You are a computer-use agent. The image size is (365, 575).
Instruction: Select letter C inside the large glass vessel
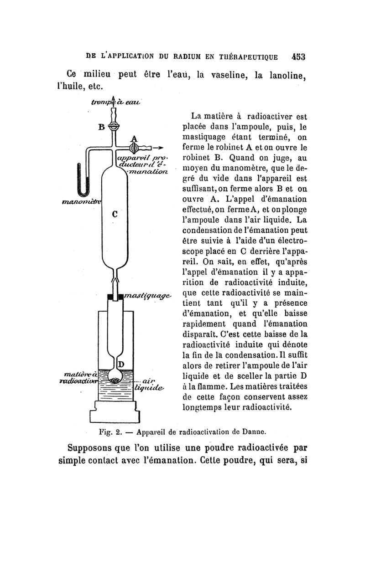[115, 213]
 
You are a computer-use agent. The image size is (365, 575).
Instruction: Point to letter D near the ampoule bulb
[121, 365]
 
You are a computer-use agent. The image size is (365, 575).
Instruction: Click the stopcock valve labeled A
[134, 148]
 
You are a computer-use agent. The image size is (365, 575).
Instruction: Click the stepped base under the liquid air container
[115, 412]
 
